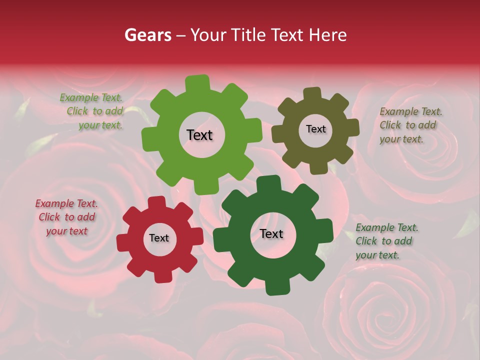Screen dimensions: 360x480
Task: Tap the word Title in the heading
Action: [x=249, y=35]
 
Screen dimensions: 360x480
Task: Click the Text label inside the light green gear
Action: [x=199, y=135]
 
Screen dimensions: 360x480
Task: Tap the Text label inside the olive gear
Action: [x=315, y=129]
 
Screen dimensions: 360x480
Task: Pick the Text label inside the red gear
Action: [x=159, y=238]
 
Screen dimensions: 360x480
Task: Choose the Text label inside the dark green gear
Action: [x=271, y=233]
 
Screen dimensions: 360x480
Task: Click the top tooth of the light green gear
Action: [x=198, y=83]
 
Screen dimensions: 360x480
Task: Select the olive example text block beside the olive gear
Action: [x=410, y=125]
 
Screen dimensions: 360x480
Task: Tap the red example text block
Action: [x=66, y=217]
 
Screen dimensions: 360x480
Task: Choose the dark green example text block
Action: [x=386, y=241]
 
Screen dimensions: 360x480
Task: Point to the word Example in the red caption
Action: [x=54, y=203]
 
